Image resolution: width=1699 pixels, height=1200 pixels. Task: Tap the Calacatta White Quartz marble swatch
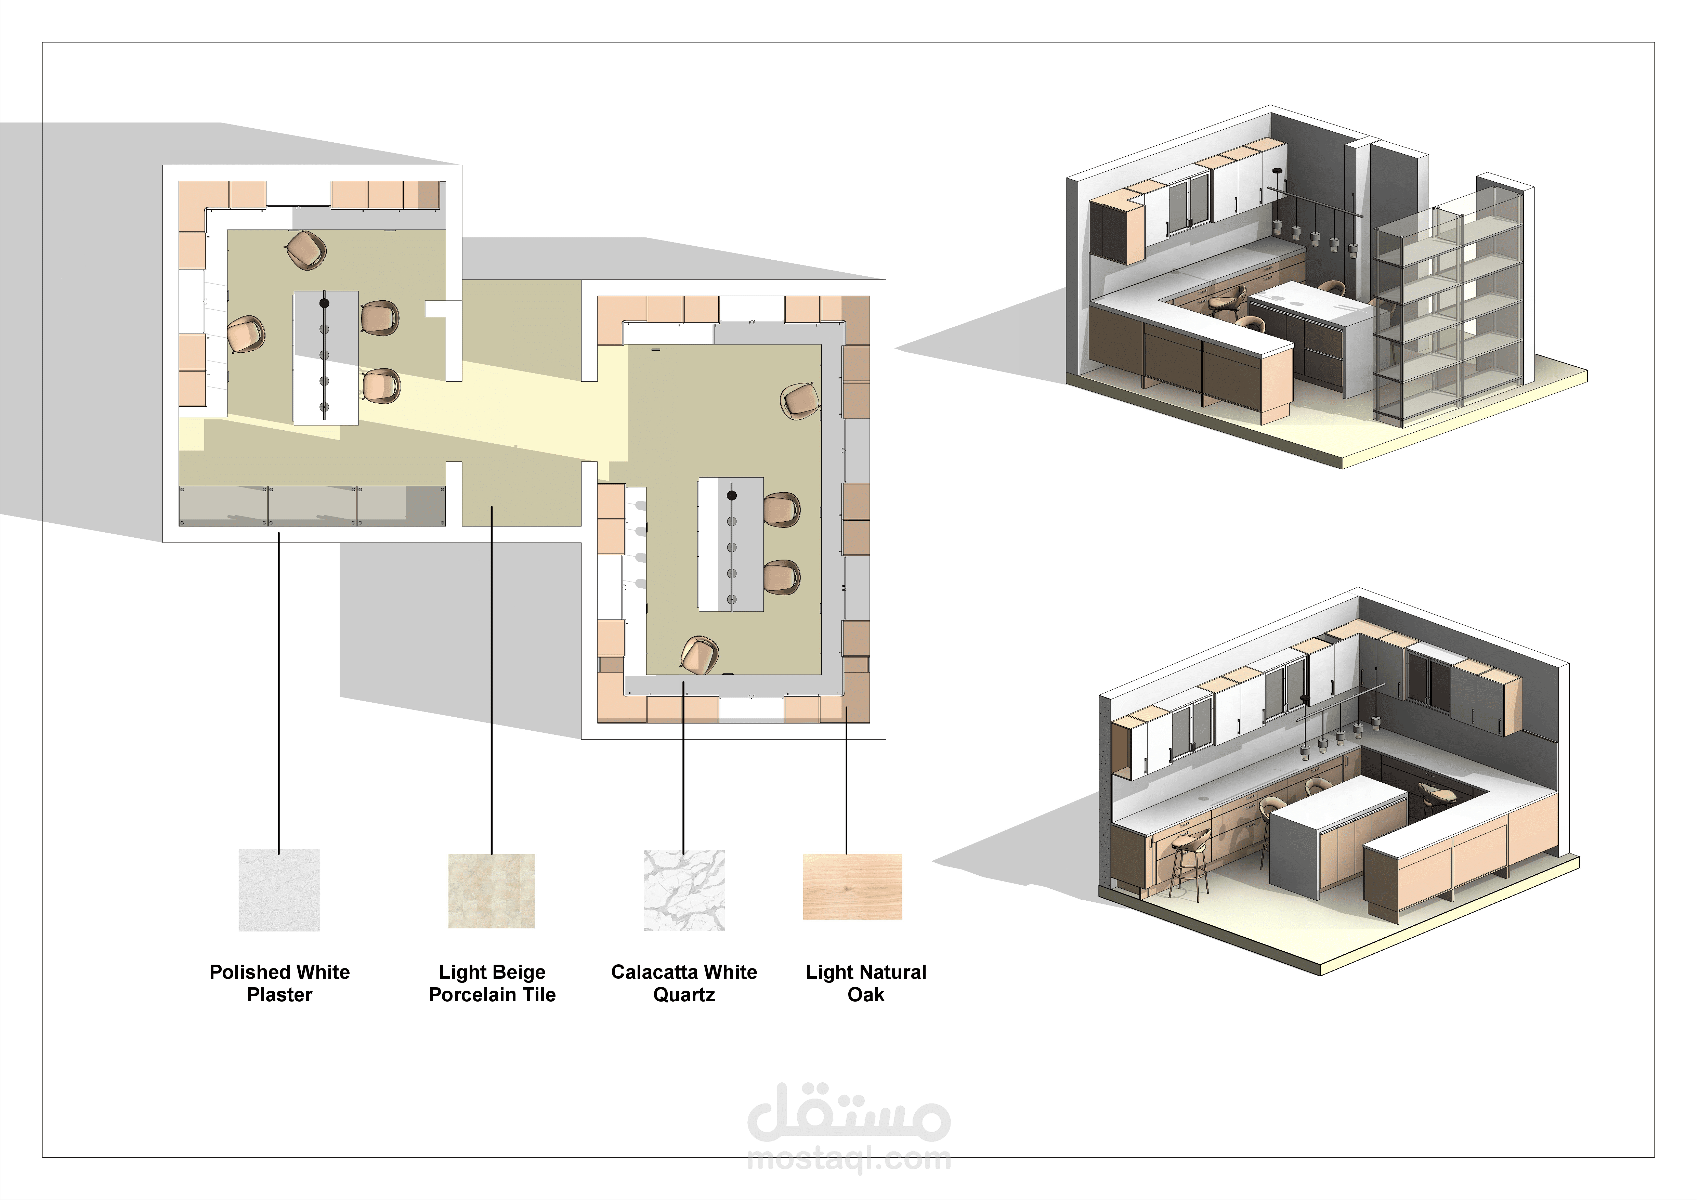click(684, 890)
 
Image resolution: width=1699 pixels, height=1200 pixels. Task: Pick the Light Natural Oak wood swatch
click(852, 887)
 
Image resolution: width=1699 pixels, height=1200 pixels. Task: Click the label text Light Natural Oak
click(866, 982)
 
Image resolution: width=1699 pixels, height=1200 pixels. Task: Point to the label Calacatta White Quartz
click(684, 982)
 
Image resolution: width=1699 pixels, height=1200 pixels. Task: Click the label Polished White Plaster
click(280, 982)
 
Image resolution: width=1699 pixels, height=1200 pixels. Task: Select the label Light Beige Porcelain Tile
click(492, 982)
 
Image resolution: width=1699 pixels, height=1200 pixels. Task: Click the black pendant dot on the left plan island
click(324, 303)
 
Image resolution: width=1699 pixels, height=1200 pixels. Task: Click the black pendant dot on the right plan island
click(732, 495)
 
